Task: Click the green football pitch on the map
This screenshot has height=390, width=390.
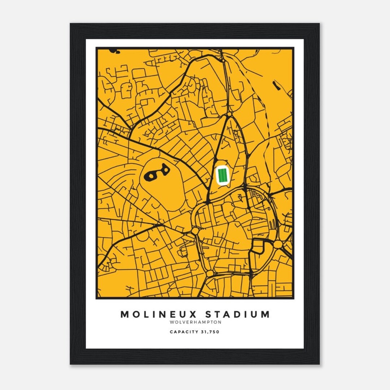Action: (x=222, y=175)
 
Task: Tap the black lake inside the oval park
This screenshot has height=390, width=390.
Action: (x=156, y=173)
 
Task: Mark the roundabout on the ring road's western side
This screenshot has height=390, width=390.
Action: (x=195, y=230)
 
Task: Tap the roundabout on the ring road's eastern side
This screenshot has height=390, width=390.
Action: (x=277, y=244)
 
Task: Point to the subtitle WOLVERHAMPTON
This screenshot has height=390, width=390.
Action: (x=195, y=322)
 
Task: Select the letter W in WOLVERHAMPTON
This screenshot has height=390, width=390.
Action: (x=171, y=322)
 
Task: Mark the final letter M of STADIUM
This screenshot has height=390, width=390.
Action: (x=265, y=314)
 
